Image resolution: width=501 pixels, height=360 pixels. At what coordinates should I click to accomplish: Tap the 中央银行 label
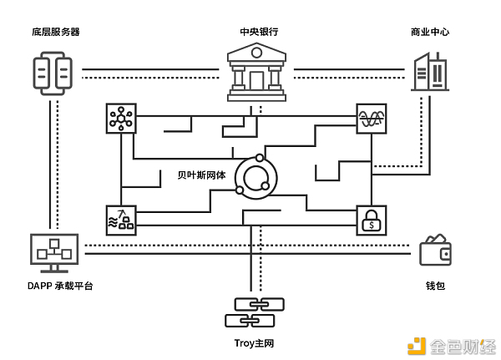coord(258,32)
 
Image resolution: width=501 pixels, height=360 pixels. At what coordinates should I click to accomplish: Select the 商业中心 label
coord(430,32)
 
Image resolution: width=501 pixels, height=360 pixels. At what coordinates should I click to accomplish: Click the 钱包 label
coord(435,286)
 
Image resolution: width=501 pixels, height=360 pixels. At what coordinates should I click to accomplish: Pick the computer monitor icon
coord(54,251)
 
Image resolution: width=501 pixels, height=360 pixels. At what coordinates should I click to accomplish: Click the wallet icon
coord(436,250)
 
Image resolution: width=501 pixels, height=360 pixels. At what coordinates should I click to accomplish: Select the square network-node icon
coord(122,119)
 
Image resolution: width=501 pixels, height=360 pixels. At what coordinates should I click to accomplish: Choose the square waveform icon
coord(372,119)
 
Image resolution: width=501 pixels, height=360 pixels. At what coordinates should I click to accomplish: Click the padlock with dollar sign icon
coord(372,221)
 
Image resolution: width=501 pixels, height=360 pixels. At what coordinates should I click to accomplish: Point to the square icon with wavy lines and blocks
coord(122,219)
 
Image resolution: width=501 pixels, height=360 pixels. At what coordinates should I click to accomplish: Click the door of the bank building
coord(256,81)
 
